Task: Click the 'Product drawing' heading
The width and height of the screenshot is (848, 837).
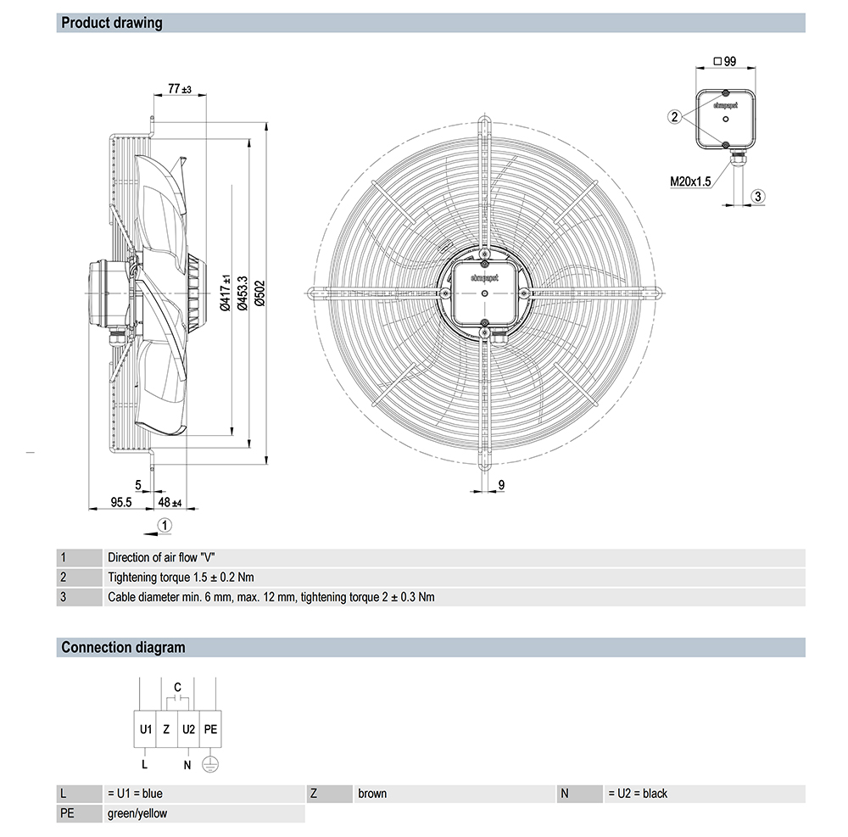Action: coord(111,23)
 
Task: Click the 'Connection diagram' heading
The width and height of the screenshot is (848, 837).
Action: coord(122,648)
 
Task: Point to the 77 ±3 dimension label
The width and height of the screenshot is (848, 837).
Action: coord(179,88)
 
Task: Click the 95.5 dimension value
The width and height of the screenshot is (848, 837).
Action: coord(121,502)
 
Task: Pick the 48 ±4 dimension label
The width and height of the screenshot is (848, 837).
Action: coord(170,502)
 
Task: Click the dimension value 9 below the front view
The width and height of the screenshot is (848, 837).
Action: coord(501,484)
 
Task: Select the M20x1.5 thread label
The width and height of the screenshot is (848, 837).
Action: coord(689,180)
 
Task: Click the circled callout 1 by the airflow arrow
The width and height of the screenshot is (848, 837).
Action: coord(165,525)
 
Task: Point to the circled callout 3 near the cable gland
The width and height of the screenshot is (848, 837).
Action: coord(759,196)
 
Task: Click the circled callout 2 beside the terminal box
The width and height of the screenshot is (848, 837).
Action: coord(674,117)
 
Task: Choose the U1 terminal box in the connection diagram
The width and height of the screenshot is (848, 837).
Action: coord(145,728)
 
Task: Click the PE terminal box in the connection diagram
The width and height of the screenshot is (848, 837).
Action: coord(211,728)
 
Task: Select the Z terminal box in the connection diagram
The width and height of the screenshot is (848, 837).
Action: coord(167,728)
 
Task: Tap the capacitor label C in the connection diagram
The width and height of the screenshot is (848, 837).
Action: coord(177,686)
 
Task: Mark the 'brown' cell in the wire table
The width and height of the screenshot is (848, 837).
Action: coord(372,794)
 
